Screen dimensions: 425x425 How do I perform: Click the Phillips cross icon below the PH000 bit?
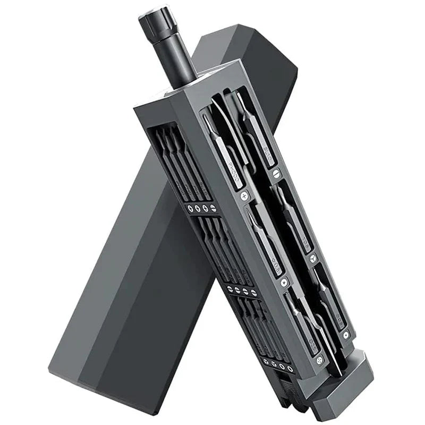pos(244,196)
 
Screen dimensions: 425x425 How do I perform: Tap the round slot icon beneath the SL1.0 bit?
pos(275,173)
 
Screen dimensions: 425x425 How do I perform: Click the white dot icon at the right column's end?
pos(346,335)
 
